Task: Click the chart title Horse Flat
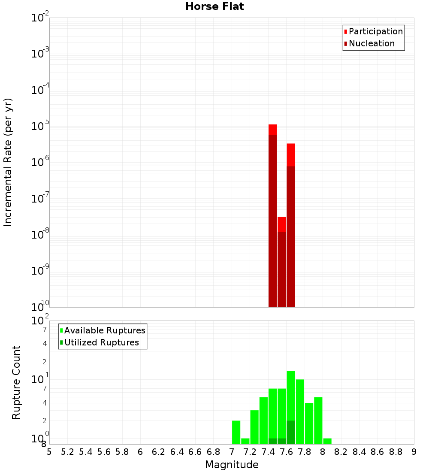point(214,6)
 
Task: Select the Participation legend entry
point(375,31)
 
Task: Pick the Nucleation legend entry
point(371,43)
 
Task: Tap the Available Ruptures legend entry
point(104,330)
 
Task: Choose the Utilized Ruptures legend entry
point(101,342)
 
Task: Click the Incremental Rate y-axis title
point(8,163)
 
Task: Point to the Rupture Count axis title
point(16,382)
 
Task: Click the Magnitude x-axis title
point(232,465)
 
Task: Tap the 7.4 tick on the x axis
point(268,452)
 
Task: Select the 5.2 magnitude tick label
point(67,452)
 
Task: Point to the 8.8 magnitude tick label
point(396,452)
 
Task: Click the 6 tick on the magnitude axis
point(140,452)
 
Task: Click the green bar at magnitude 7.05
point(236,432)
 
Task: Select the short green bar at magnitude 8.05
point(327,441)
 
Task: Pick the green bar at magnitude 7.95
point(318,421)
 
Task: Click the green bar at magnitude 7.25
point(254,427)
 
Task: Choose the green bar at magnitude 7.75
point(300,412)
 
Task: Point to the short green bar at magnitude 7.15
point(245,441)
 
